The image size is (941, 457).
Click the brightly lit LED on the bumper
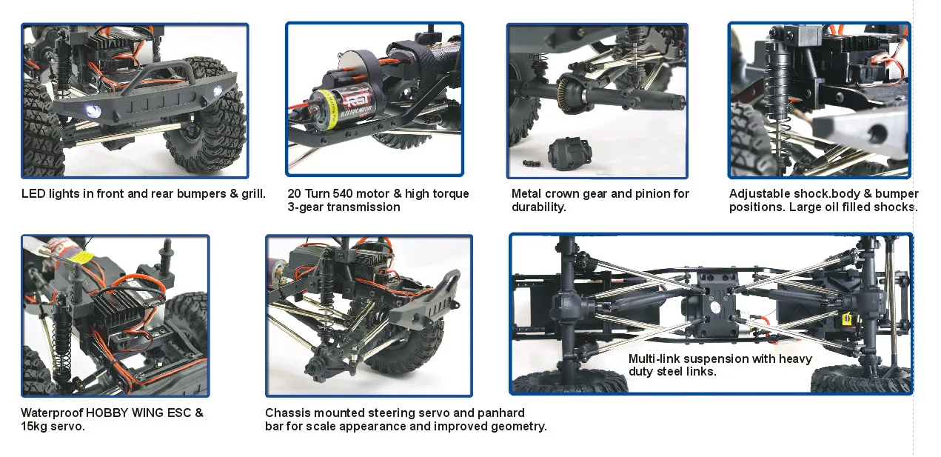[x=92, y=110]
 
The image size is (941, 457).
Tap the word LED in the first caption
[x=33, y=194]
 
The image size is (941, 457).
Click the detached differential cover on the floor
[x=566, y=152]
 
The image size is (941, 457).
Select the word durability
[x=538, y=207]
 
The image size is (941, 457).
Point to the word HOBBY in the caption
[x=108, y=413]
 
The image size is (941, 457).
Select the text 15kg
[x=34, y=427]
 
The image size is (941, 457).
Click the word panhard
[x=500, y=413]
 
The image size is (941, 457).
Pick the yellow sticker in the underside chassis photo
[x=845, y=318]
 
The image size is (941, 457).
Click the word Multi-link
[x=654, y=359]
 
